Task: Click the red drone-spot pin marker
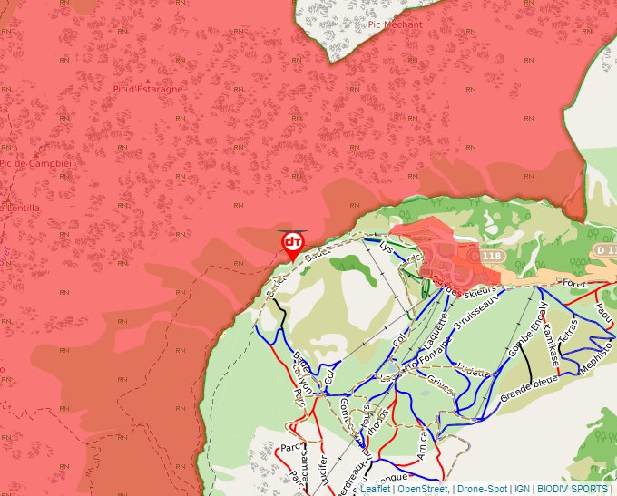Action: click(x=292, y=244)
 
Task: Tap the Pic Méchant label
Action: click(x=395, y=24)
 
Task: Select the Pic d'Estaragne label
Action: click(x=148, y=89)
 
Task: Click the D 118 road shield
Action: click(x=490, y=257)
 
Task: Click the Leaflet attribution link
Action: click(x=376, y=489)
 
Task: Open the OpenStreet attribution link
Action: click(x=423, y=489)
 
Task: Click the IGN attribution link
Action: click(x=521, y=489)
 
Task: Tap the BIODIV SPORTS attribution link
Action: click(x=572, y=489)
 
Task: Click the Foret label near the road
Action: click(x=575, y=283)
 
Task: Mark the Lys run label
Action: click(x=387, y=246)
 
